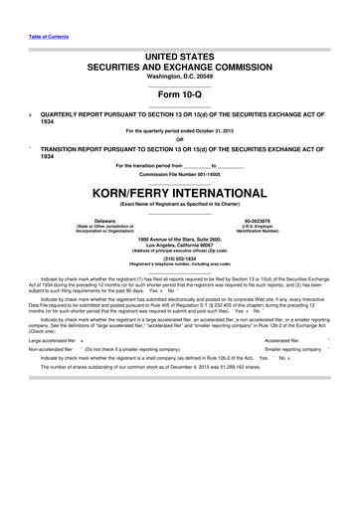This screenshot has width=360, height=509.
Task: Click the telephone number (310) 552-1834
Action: (x=180, y=258)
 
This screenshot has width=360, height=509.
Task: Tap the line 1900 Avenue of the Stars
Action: (x=180, y=239)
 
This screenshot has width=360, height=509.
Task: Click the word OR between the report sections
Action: (x=180, y=138)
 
